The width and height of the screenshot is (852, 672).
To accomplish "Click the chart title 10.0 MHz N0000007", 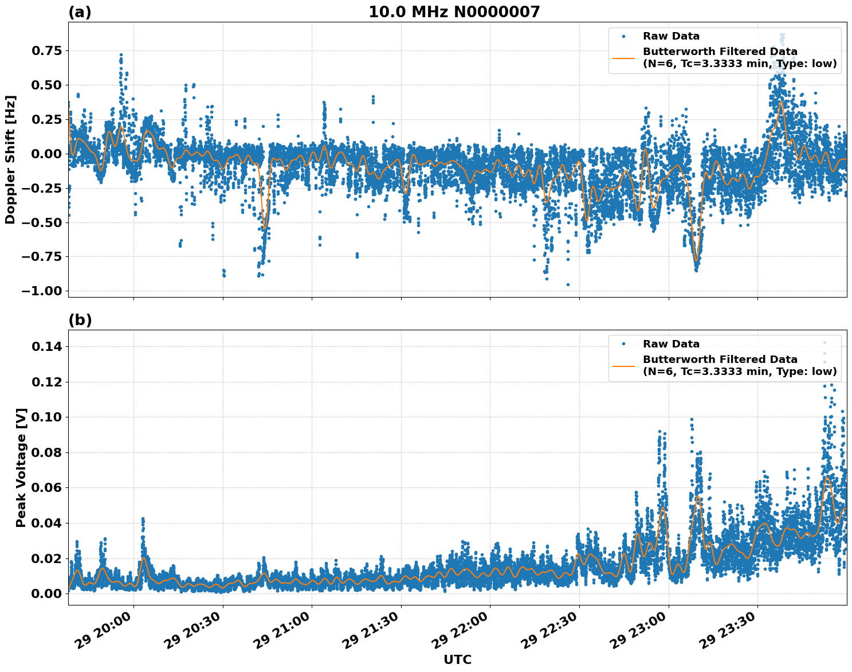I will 454,12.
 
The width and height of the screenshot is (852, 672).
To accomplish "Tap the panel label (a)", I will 80,12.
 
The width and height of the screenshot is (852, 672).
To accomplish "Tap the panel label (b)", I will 80,320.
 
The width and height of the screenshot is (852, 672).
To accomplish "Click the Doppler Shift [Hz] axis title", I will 10,159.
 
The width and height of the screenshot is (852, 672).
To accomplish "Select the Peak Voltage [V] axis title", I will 21,467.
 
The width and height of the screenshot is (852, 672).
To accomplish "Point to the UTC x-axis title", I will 457,659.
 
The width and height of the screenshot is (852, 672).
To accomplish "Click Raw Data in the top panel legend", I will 671,37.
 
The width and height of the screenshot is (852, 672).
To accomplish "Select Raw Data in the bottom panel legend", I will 671,344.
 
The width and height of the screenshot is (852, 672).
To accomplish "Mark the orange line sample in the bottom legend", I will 623,365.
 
